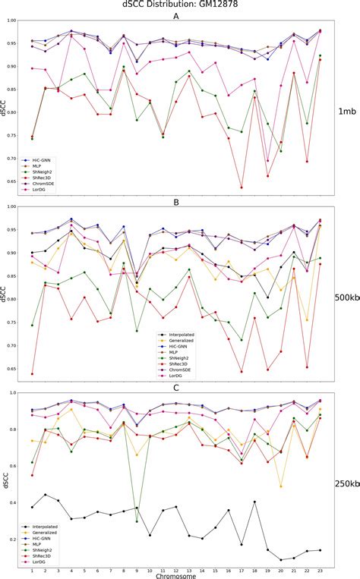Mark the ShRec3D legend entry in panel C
click(45, 553)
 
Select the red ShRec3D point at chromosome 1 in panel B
click(32, 374)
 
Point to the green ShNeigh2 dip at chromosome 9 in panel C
click(137, 521)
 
